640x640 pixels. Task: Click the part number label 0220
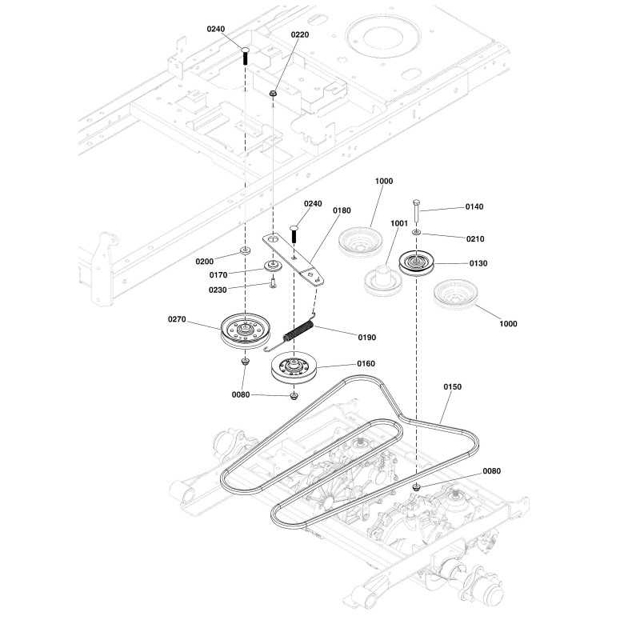[299, 34]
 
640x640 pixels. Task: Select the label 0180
[342, 210]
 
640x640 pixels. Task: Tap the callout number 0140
[474, 206]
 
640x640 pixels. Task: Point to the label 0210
[475, 238]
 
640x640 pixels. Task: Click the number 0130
[478, 263]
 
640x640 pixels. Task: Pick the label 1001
[398, 223]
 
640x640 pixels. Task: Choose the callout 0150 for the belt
[452, 386]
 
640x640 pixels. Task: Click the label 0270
[177, 319]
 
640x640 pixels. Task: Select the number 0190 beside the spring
[367, 337]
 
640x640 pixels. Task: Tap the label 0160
[366, 364]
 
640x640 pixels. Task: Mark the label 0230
[218, 290]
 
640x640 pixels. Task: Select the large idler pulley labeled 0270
[246, 331]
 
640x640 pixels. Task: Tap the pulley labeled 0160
[294, 367]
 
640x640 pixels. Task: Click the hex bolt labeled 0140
[416, 210]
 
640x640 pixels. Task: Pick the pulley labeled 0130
[416, 263]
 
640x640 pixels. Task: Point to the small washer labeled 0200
[245, 250]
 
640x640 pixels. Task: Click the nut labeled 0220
[273, 94]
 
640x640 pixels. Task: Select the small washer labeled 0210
[416, 232]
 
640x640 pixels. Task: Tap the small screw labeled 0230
[273, 282]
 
